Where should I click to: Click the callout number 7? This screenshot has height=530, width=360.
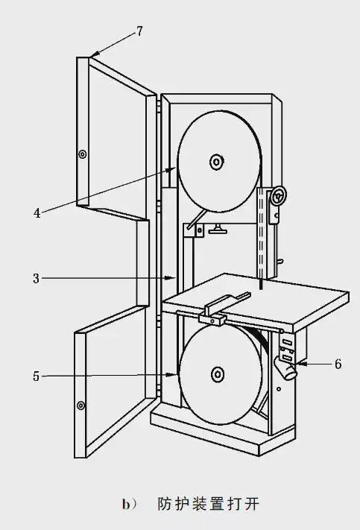139,31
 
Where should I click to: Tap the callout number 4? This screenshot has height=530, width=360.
37,213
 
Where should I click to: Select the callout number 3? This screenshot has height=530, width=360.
37,279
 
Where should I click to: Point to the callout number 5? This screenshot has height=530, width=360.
37,376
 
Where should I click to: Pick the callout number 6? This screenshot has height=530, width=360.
338,364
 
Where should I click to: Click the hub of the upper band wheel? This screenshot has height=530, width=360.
216,162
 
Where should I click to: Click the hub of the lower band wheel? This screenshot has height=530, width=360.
218,374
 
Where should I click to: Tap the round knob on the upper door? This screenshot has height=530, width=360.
82,154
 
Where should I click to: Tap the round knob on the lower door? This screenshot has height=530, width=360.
80,406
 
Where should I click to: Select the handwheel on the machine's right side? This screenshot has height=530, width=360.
279,195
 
